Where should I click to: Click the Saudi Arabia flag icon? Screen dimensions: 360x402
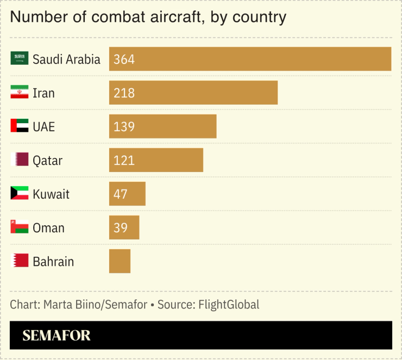pos(20,59)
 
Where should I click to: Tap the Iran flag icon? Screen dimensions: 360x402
pos(20,92)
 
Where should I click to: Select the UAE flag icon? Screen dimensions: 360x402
pos(20,126)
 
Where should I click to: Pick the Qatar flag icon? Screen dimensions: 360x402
pos(20,160)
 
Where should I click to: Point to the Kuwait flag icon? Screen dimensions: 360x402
pos(20,193)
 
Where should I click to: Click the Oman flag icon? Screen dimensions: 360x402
pos(20,227)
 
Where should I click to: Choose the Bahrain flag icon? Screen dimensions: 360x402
pos(20,261)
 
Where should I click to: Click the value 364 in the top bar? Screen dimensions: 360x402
pos(124,59)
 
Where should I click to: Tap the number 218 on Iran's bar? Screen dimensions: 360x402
pos(124,93)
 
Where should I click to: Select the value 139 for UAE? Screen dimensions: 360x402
pos(124,127)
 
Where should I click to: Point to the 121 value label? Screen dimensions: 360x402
pos(124,160)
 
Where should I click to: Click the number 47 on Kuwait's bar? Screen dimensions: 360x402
pos(121,194)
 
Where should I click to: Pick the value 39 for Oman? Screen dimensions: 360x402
pos(121,228)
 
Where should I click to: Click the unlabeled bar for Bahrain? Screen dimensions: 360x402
pos(120,261)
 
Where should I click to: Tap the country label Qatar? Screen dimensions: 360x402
pos(48,161)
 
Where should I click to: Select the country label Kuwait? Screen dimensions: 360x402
pos(51,194)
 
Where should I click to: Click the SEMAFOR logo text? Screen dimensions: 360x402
pos(56,336)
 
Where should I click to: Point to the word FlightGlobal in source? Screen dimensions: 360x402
pos(228,305)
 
